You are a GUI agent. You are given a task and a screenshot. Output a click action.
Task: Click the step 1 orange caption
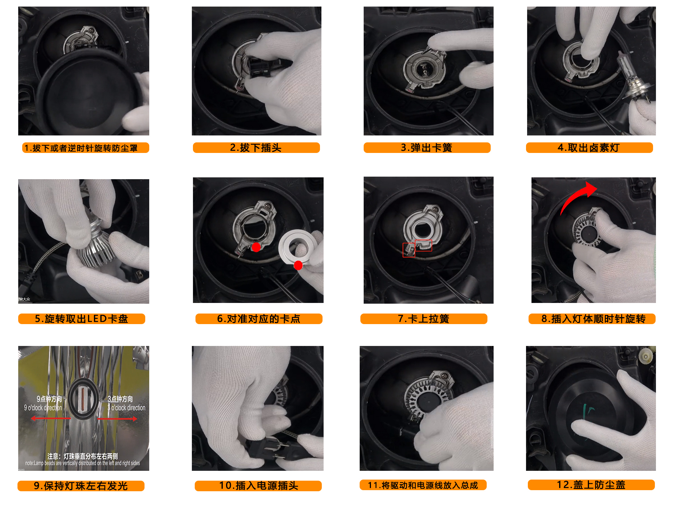coord(86,148)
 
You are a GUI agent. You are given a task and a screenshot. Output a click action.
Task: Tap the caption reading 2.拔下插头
coord(256,147)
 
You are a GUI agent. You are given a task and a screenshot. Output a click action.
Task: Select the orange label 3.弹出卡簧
coord(427,147)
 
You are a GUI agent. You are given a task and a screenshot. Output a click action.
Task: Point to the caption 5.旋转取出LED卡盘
coord(82,319)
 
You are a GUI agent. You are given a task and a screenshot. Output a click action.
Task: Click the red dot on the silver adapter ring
coord(298,265)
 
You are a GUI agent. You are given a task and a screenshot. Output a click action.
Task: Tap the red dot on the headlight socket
coord(256,247)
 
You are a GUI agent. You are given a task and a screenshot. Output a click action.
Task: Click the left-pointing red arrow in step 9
coord(51,418)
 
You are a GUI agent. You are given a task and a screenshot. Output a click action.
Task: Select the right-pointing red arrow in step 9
coord(118,419)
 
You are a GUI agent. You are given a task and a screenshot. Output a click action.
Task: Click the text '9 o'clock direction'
coord(43,408)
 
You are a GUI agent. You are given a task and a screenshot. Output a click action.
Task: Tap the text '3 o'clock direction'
coord(127,408)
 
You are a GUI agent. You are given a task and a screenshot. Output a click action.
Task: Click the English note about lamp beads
coord(83,463)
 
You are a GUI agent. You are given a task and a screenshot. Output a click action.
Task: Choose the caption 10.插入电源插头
coord(258,486)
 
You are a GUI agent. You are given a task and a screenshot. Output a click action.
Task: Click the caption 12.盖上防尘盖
coord(591,485)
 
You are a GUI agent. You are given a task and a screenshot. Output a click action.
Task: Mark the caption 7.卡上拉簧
coord(424,319)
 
